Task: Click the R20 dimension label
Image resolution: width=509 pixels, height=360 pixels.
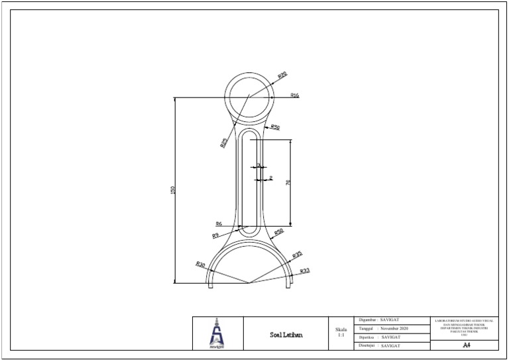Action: [x=282, y=76]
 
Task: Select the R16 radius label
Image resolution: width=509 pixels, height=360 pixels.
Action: [x=294, y=95]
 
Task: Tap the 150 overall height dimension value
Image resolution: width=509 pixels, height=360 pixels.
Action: [x=174, y=190]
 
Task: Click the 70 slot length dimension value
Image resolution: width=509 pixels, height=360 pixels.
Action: [x=288, y=182]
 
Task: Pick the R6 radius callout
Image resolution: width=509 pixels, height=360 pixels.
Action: [x=218, y=225]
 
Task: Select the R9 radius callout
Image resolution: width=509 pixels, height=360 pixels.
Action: [x=215, y=235]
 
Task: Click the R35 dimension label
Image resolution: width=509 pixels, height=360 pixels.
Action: [x=298, y=255]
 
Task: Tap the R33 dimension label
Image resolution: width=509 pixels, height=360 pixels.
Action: [x=305, y=271]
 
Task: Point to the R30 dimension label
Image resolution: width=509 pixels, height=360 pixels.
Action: [x=200, y=265]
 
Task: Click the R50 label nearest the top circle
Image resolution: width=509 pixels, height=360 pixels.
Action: [x=274, y=127]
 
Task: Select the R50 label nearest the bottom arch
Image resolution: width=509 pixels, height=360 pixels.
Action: [x=279, y=231]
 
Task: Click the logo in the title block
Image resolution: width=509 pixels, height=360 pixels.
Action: [x=217, y=333]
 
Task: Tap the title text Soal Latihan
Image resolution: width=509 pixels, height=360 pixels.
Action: [x=287, y=335]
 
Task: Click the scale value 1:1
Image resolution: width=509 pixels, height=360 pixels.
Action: [x=341, y=335]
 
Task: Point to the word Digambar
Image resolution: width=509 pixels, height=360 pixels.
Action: [x=367, y=320]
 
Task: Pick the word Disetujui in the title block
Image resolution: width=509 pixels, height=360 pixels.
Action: [x=367, y=346]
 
